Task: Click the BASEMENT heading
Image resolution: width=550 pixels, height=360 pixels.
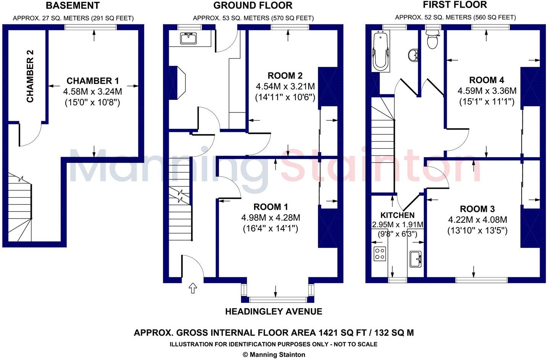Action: coord(72,6)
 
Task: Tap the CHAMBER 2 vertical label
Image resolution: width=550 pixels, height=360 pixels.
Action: coord(30,76)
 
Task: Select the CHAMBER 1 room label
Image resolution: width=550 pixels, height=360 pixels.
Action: coord(93,81)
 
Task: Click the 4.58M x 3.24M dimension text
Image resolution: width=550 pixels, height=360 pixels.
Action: coord(93,92)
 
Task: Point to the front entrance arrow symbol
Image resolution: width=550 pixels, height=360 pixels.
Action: coord(193,288)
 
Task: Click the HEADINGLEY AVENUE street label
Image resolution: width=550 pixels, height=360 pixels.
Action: coord(273,312)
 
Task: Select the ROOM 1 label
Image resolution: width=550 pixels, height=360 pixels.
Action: coord(271,207)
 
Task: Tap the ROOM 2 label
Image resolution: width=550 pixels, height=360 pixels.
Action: coord(285,76)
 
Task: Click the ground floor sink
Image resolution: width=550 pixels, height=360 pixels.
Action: coord(187,39)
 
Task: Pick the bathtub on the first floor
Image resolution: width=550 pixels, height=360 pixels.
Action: coord(380,51)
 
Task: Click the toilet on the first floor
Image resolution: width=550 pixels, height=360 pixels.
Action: coord(432,40)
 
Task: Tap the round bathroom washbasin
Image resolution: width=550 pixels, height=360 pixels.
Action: coord(412,55)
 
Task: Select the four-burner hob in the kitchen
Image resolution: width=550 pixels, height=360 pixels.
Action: coord(380,254)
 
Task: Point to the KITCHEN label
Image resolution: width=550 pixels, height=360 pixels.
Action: coord(397,215)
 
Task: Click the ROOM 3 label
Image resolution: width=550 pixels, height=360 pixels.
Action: coord(477,209)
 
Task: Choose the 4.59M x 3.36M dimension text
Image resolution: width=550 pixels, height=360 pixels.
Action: coord(487,91)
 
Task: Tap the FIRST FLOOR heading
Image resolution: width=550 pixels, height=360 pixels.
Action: coord(455,5)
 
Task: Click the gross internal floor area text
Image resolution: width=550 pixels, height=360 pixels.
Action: coord(273,333)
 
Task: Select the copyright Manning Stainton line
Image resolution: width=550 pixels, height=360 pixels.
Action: coord(273,355)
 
